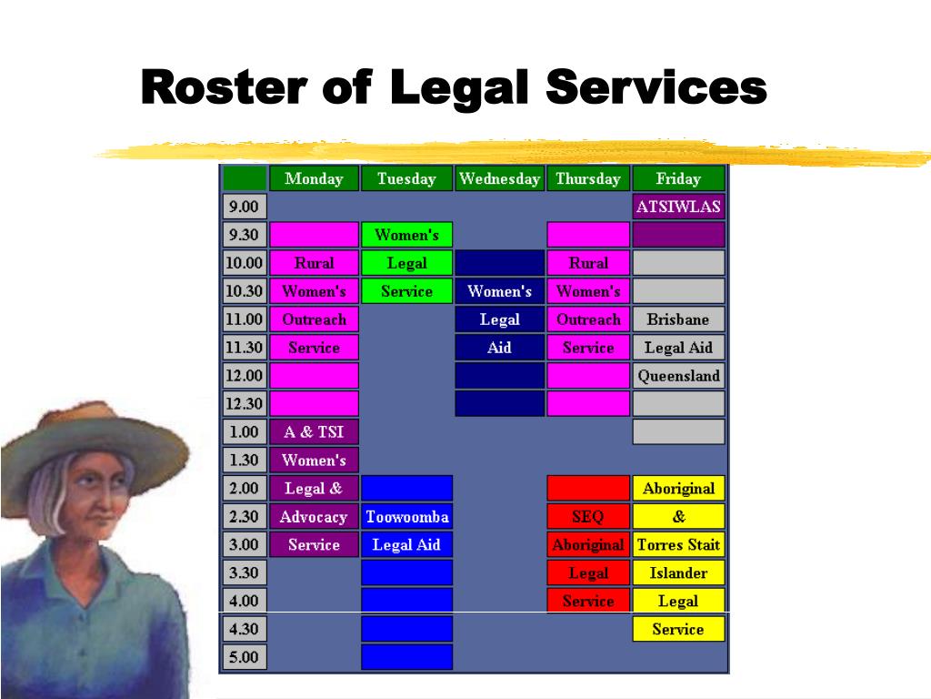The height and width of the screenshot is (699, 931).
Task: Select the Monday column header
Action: (x=314, y=178)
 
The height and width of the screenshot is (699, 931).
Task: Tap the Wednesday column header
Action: (x=499, y=178)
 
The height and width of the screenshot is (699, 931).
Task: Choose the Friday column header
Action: (x=678, y=178)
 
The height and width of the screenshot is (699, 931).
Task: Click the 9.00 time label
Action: (x=244, y=207)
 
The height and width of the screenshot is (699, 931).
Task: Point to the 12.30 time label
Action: (x=244, y=403)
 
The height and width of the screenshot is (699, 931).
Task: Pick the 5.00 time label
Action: (x=244, y=657)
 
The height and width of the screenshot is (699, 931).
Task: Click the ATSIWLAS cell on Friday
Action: (x=678, y=207)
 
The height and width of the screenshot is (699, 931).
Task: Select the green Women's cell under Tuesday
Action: (x=406, y=235)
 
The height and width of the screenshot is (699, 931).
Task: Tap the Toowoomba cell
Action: (x=406, y=517)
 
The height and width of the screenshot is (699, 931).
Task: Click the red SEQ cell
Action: (x=587, y=517)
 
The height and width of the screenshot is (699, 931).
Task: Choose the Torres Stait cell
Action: (x=678, y=545)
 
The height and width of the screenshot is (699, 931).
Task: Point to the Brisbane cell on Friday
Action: (x=678, y=319)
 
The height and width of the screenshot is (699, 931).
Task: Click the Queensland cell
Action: (x=678, y=376)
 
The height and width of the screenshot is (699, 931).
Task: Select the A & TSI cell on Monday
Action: (x=314, y=432)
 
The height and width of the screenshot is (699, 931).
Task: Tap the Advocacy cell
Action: (x=314, y=517)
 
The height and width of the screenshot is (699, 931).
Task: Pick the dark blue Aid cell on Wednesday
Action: (x=499, y=348)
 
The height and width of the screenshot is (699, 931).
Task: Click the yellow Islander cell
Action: (x=678, y=573)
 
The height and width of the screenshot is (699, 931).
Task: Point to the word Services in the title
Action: (x=656, y=88)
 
